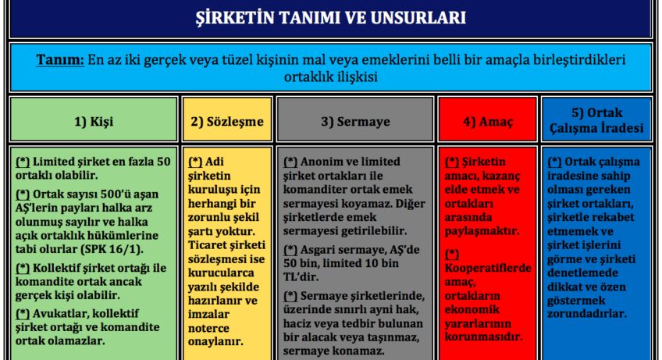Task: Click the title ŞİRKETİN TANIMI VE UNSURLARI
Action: [330, 18]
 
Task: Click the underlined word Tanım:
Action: [60, 60]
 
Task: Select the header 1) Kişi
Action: [94, 122]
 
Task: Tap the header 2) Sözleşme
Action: [227, 122]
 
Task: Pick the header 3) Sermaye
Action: [355, 122]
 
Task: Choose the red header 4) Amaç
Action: [488, 122]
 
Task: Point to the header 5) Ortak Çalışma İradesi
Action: [596, 120]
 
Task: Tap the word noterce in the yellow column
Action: [208, 328]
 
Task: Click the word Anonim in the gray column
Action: [322, 162]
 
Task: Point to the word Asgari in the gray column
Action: [318, 250]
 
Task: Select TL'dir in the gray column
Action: [301, 277]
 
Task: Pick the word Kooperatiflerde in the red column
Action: [488, 269]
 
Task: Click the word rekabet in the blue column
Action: [614, 218]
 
